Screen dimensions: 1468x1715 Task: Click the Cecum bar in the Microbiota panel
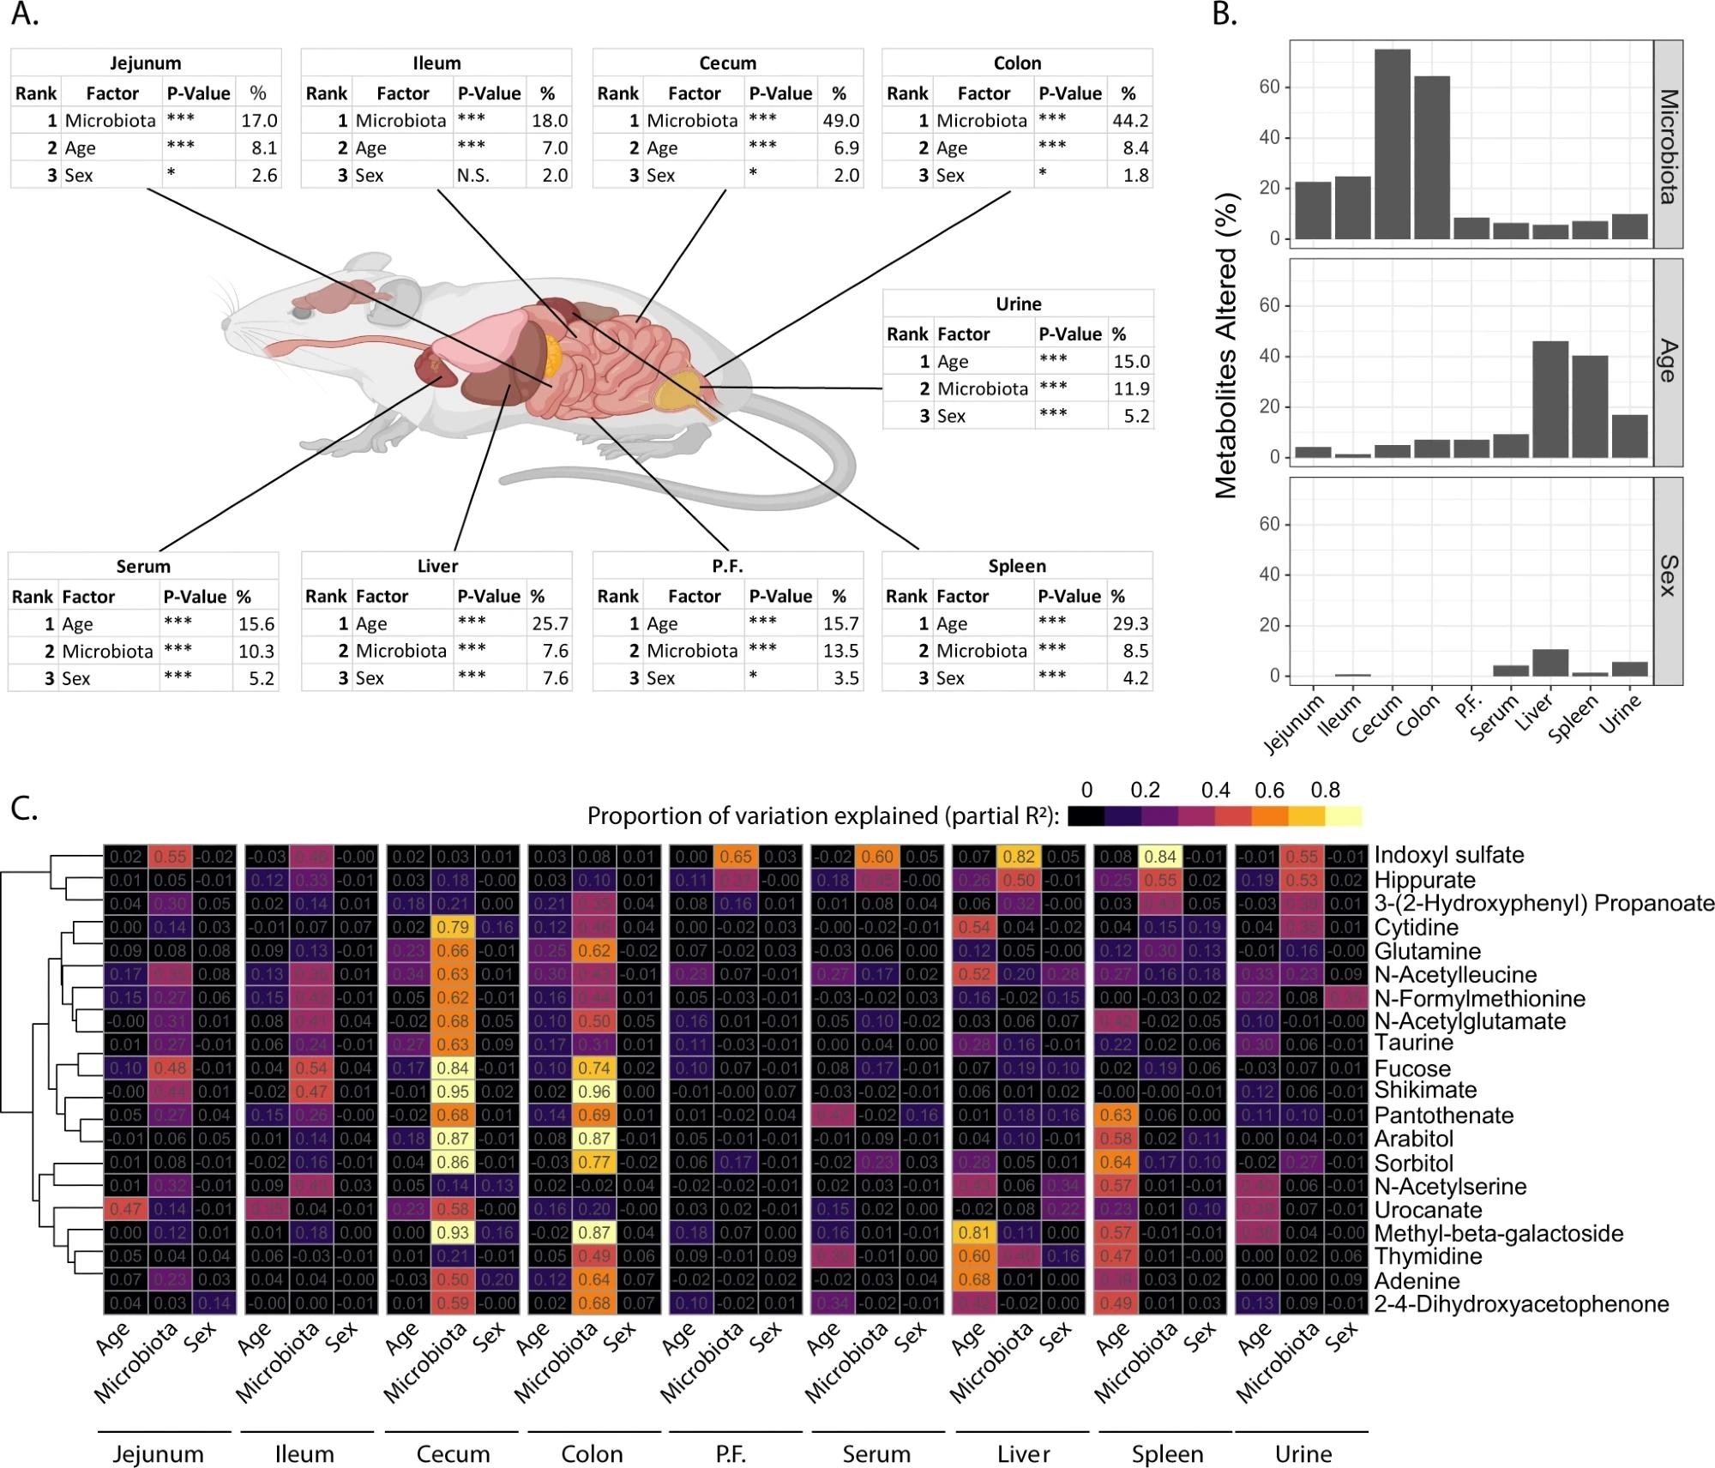(1392, 144)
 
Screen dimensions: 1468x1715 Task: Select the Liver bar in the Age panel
(1550, 400)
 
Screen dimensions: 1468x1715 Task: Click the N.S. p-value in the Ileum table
(472, 175)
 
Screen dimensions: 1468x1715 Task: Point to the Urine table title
(1018, 304)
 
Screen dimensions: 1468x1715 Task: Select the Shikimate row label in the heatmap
(1425, 1091)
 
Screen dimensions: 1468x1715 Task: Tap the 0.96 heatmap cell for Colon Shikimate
(595, 1092)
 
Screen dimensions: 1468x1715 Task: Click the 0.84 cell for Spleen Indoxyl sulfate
(1159, 856)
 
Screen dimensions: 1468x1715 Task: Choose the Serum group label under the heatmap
(876, 1454)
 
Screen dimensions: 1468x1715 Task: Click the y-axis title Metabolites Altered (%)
(1227, 346)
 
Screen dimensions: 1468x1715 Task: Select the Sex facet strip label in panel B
(1668, 576)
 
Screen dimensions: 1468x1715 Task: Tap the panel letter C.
(24, 808)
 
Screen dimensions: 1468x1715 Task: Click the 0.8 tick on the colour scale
(1325, 790)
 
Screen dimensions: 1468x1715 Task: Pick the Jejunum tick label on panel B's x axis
(1294, 725)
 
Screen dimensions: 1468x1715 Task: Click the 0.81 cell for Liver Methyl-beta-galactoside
(974, 1233)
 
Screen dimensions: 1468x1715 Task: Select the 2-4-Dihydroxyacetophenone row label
(1521, 1304)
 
